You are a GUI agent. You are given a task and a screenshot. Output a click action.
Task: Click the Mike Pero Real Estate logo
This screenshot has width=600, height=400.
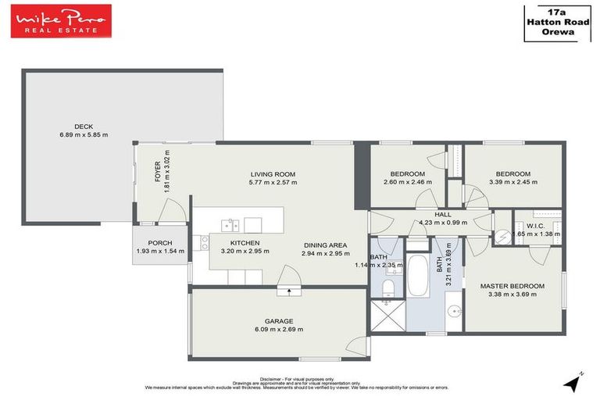point(61,20)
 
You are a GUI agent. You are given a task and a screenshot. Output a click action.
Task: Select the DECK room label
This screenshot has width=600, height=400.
point(84,127)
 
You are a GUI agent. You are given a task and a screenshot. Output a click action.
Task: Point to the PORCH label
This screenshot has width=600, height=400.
point(159,242)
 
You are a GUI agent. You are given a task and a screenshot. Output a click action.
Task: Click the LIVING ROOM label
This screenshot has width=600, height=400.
point(273,173)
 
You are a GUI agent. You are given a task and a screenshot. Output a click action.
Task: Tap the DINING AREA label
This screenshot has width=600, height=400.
point(325,245)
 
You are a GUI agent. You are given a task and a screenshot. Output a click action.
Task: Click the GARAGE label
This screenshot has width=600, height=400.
point(279,321)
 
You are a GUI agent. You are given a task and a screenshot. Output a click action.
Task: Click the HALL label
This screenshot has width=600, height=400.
point(444,213)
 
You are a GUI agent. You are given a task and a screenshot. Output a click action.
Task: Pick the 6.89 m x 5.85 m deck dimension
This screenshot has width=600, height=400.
point(84,135)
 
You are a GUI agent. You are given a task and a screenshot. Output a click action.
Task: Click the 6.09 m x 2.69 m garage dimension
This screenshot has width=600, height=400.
point(279,330)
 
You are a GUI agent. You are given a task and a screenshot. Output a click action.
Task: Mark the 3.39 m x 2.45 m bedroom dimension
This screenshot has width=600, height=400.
point(513,182)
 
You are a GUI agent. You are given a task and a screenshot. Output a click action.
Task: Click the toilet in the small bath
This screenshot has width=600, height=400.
point(388,288)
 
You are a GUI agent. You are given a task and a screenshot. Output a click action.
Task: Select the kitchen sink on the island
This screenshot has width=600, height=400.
point(230,226)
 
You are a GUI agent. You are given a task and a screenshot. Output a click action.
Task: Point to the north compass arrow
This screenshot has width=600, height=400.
point(576,381)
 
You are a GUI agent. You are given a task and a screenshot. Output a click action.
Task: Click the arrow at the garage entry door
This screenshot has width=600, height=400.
point(290,292)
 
